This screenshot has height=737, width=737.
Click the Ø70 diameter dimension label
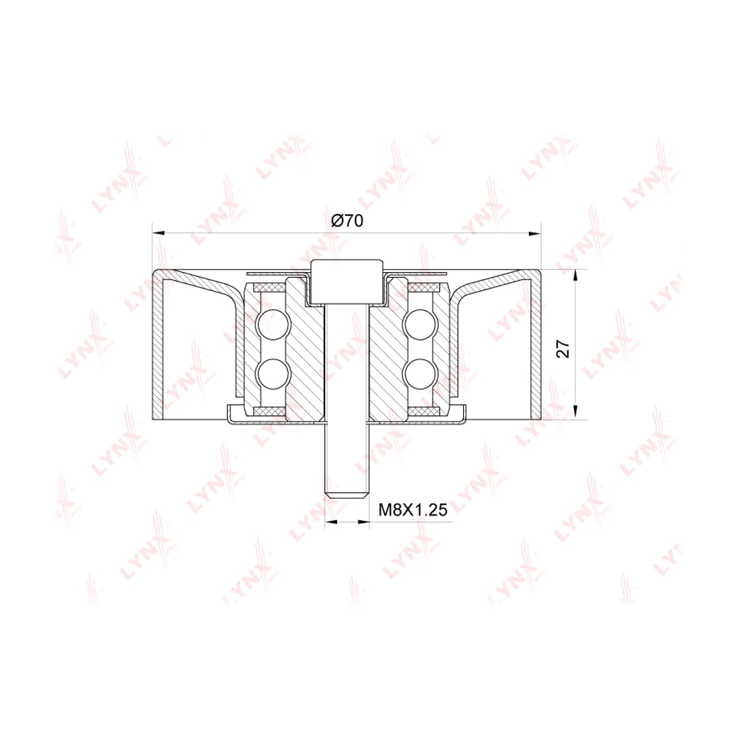pos(347,220)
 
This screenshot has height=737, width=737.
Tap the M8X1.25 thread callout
pos(413,510)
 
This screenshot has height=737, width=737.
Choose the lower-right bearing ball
pos(421,373)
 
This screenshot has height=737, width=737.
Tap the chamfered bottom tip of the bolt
pos(347,494)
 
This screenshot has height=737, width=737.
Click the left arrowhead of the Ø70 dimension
pos(158,233)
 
